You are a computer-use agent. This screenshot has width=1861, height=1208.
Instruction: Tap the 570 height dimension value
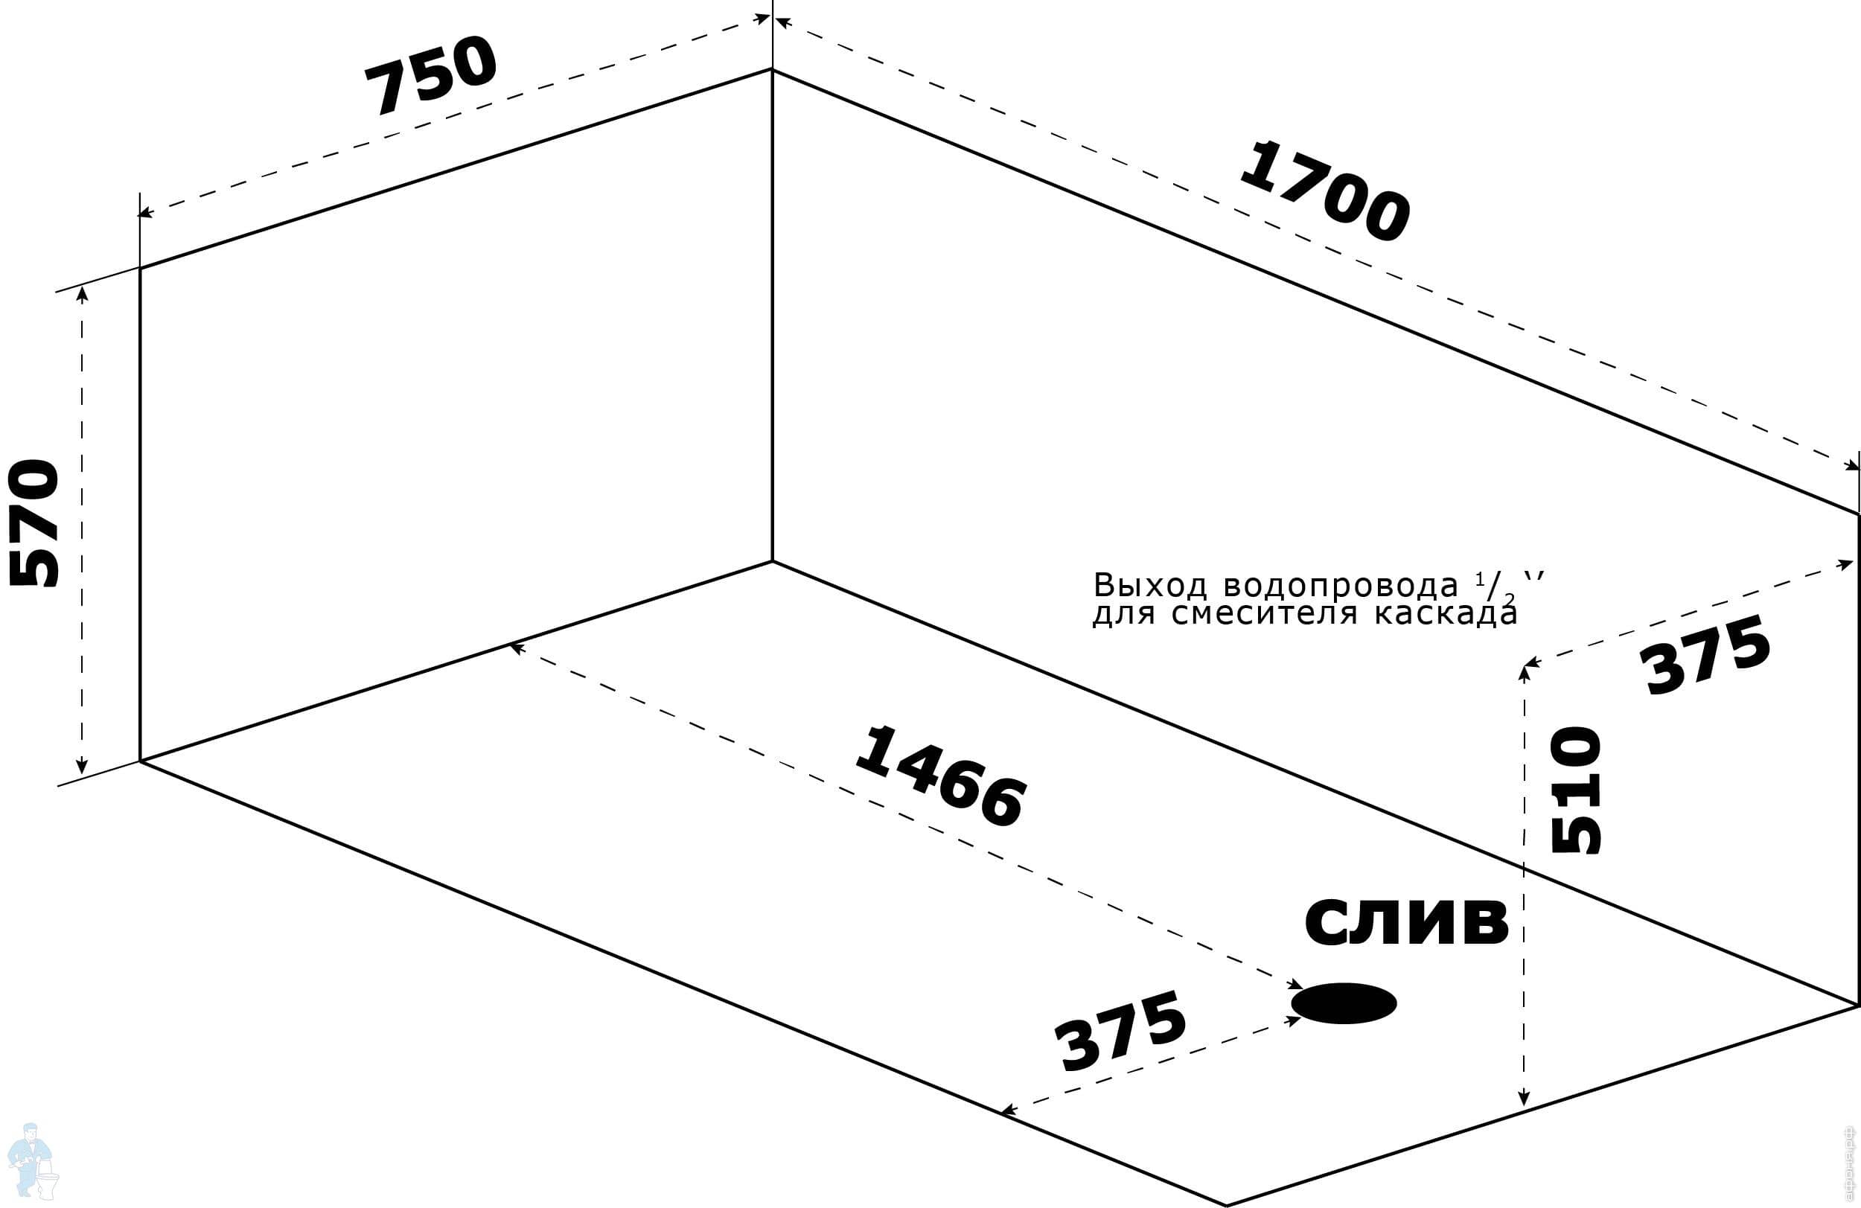(33, 522)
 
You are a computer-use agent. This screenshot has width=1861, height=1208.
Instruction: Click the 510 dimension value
(1576, 790)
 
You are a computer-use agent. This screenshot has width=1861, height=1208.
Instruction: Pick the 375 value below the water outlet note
(1705, 654)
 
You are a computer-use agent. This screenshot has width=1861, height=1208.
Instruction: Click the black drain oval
(1344, 1003)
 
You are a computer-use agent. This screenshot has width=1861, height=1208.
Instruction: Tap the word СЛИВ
(1407, 923)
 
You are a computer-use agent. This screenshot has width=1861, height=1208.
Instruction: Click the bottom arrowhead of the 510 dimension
(1523, 1099)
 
